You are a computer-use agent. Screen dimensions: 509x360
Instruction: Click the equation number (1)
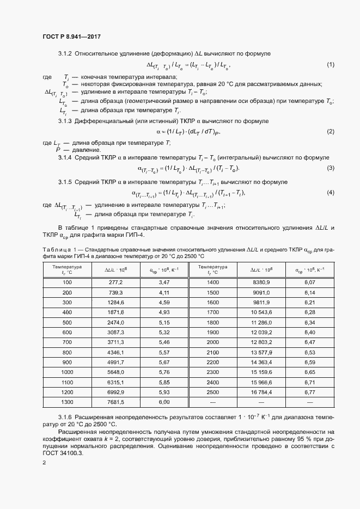pos(330,65)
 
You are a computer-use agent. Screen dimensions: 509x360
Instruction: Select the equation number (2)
pos(330,132)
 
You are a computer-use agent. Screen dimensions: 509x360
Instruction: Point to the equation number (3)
pos(330,168)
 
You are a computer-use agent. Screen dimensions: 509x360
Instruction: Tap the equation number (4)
pos(330,193)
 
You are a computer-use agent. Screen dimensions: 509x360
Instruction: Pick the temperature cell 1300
pos(67,402)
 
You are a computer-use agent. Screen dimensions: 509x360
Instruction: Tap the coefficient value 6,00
pos(164,402)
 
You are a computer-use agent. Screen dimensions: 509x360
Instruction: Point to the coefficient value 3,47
pos(164,282)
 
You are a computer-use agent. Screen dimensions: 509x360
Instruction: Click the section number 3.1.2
pos(65,53)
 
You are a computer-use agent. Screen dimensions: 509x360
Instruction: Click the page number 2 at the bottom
pos(44,462)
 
